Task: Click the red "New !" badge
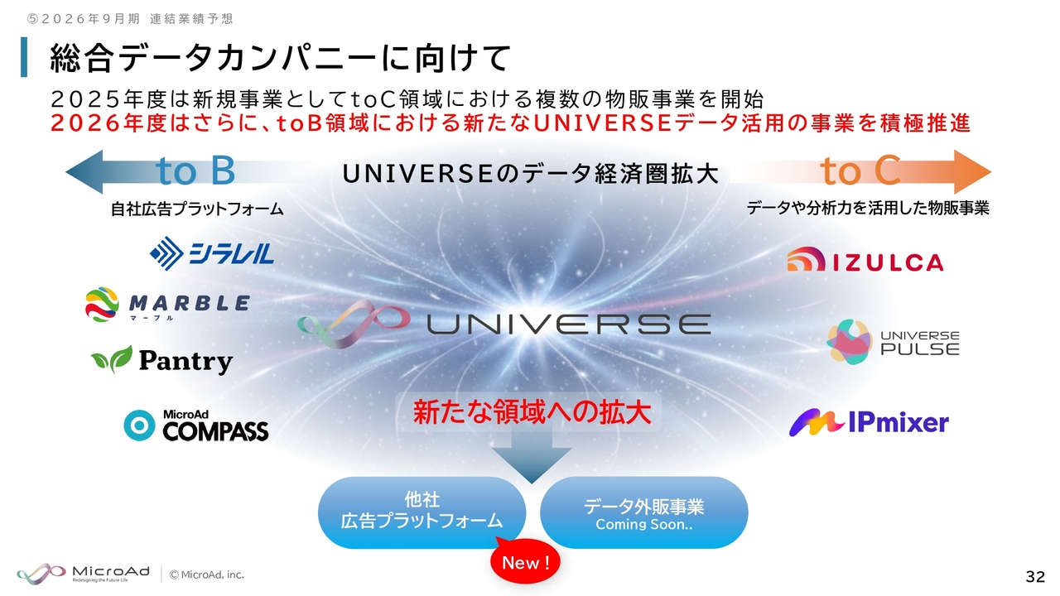525,562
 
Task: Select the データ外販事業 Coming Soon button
644,512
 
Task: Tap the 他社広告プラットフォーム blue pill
422,512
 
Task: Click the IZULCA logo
865,259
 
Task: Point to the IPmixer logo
869,422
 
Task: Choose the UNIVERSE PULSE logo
893,342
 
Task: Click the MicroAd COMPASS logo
196,425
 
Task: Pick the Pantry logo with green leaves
161,360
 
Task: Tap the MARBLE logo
167,305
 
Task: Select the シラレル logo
211,253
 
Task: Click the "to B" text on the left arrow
195,171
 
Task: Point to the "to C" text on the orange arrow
860,171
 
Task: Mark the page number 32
1035,577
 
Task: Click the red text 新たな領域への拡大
532,412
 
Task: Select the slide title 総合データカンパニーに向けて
280,58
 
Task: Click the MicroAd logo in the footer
84,574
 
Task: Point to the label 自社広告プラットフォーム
197,209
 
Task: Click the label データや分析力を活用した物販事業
868,208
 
